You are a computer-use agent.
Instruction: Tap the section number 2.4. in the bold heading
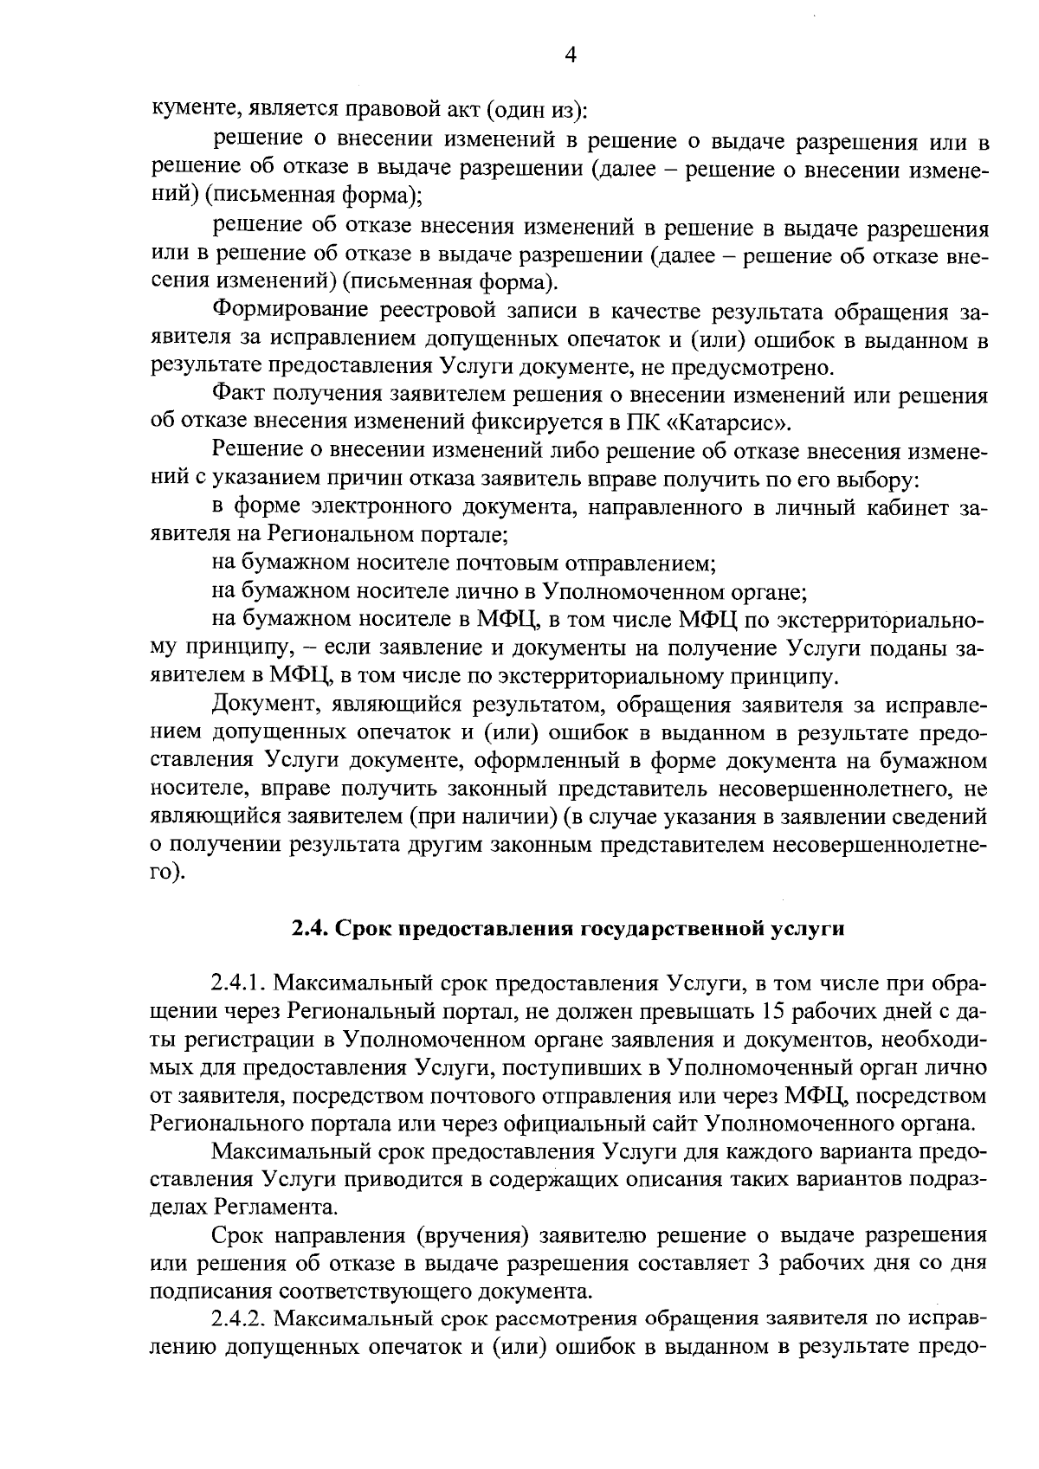[310, 929]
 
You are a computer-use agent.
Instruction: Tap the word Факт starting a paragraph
[239, 396]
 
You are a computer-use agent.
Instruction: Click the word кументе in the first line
[195, 110]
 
